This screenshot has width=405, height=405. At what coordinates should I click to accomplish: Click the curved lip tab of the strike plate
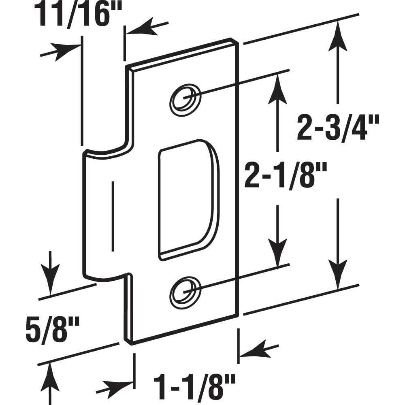pyautogui.click(x=101, y=215)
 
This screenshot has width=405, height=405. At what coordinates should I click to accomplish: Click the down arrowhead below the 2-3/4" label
pyautogui.click(x=338, y=275)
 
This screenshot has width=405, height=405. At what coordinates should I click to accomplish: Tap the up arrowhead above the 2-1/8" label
pyautogui.click(x=278, y=85)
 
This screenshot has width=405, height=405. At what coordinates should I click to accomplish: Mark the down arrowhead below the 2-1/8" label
pyautogui.click(x=278, y=255)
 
